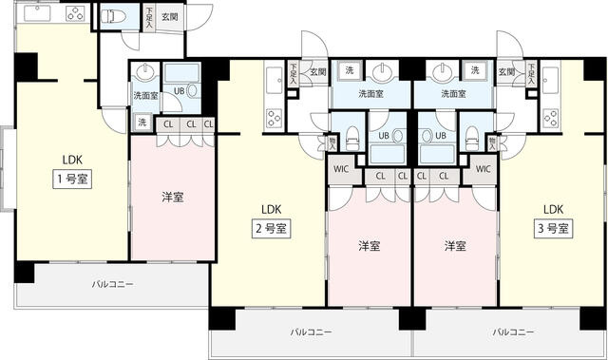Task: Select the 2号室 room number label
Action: (270, 229)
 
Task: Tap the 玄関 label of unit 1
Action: (168, 16)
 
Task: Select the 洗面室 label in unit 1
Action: (144, 96)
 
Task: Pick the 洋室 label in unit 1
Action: (172, 197)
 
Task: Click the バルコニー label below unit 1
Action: (112, 284)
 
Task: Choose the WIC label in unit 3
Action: (483, 169)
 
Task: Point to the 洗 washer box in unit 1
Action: (142, 122)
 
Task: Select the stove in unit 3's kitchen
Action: (552, 118)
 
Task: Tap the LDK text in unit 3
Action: (553, 210)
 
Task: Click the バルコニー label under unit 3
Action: (511, 332)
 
